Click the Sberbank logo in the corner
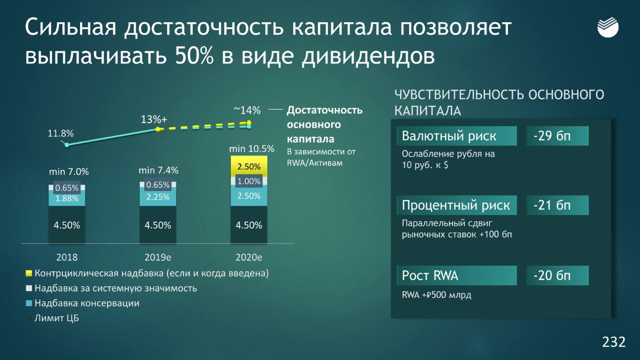click(x=608, y=27)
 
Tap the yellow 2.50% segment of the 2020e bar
click(x=249, y=167)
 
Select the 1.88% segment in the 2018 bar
click(x=67, y=199)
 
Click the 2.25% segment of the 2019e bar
click(x=158, y=197)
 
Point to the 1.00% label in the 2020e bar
click(x=249, y=181)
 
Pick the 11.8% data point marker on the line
click(x=67, y=145)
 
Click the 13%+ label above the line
click(x=153, y=119)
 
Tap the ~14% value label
click(x=247, y=111)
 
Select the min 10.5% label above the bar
click(x=251, y=149)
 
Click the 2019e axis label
click(x=158, y=257)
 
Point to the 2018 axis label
click(x=67, y=257)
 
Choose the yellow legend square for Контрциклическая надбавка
click(x=29, y=274)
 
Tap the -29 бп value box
click(x=557, y=136)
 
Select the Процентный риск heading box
click(x=457, y=205)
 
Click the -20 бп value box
click(x=557, y=275)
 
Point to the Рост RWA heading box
click(x=457, y=275)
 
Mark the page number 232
click(x=614, y=342)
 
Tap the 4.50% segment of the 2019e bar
click(x=158, y=225)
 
